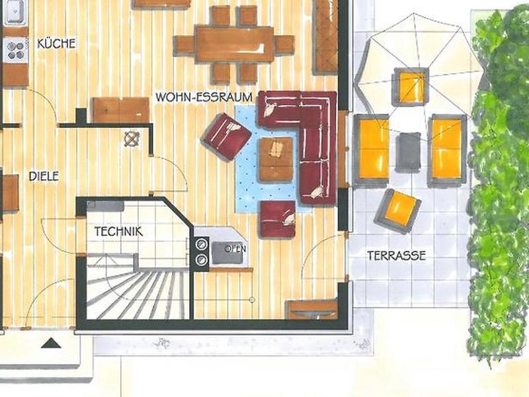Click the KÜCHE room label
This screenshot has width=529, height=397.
[x=56, y=44]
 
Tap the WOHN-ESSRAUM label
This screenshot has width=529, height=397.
[x=204, y=97]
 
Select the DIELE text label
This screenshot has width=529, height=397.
[x=44, y=176]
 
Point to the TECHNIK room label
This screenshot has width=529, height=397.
[x=118, y=232]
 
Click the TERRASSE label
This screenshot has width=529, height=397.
[x=396, y=255]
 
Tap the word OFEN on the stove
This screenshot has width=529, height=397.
[x=235, y=249]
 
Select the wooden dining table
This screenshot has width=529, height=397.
[x=235, y=44]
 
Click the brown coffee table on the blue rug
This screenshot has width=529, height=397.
[x=276, y=159]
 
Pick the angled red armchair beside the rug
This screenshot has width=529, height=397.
[x=226, y=137]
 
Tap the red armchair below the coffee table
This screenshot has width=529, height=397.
[x=278, y=219]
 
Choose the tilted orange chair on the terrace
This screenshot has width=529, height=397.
[x=398, y=211]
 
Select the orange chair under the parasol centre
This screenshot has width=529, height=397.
[x=410, y=87]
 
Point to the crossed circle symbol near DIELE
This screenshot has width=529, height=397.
[x=132, y=139]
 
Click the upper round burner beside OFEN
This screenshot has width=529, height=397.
[x=202, y=243]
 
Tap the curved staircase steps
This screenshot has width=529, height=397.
[x=138, y=294]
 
